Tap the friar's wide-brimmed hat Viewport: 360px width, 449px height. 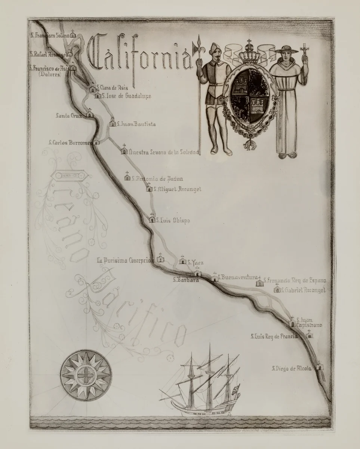(x=286, y=51)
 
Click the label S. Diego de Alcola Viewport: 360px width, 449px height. (x=292, y=369)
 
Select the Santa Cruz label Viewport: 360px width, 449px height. (x=68, y=115)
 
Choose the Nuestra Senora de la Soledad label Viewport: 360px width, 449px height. (x=163, y=152)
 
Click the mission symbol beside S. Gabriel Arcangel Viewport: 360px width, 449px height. (x=277, y=289)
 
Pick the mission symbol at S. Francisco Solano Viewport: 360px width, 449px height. (x=73, y=35)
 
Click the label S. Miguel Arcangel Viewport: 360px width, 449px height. (x=177, y=189)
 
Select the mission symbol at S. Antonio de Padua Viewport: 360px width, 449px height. (x=127, y=177)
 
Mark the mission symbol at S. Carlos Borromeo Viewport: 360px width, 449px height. (x=96, y=142)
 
